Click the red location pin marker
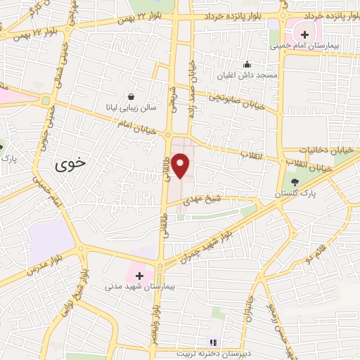[181, 166]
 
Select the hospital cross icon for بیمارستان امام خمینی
[304, 34]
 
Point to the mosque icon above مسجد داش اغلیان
[247, 63]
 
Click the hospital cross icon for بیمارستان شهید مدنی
[139, 275]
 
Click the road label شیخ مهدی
[198, 200]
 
